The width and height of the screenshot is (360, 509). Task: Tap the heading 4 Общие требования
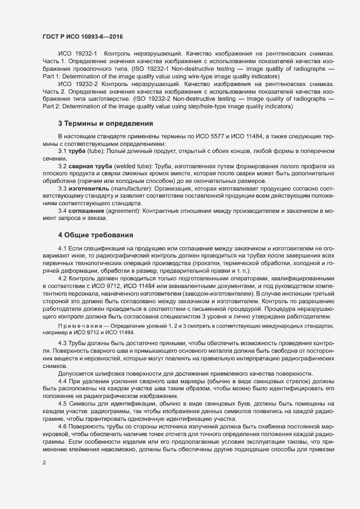(x=96, y=235)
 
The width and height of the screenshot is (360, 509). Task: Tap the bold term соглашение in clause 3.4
(x=88, y=210)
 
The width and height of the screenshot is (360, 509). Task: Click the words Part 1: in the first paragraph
(x=52, y=77)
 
